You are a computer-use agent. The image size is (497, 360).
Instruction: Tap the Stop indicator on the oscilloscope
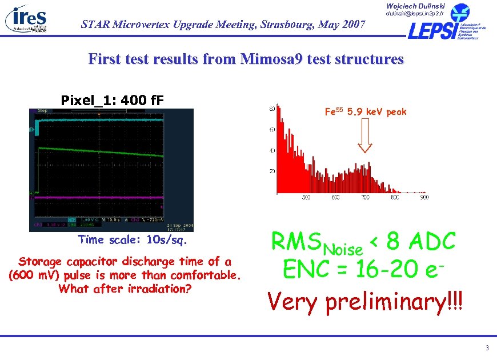42,110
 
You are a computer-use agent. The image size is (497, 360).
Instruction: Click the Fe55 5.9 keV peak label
366,112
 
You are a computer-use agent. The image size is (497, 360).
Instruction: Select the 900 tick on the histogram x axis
423,198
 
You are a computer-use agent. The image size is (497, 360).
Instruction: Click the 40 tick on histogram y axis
271,150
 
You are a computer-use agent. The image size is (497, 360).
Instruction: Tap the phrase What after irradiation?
125,288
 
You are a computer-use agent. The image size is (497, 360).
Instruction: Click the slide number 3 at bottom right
487,348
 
